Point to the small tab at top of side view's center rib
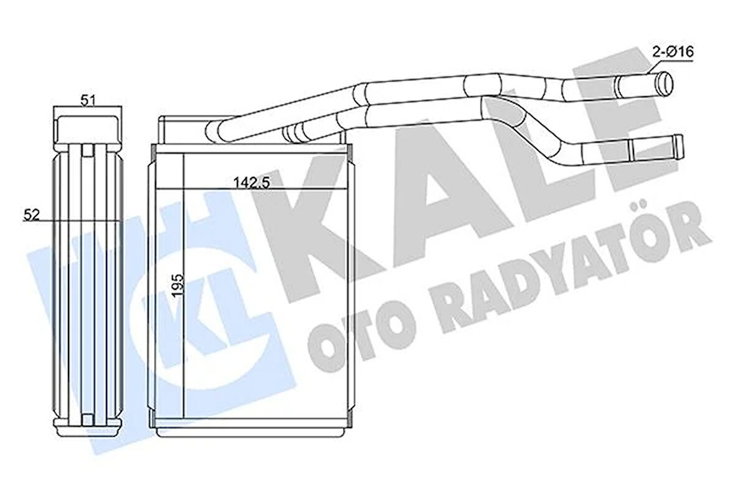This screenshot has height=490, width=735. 87,150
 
